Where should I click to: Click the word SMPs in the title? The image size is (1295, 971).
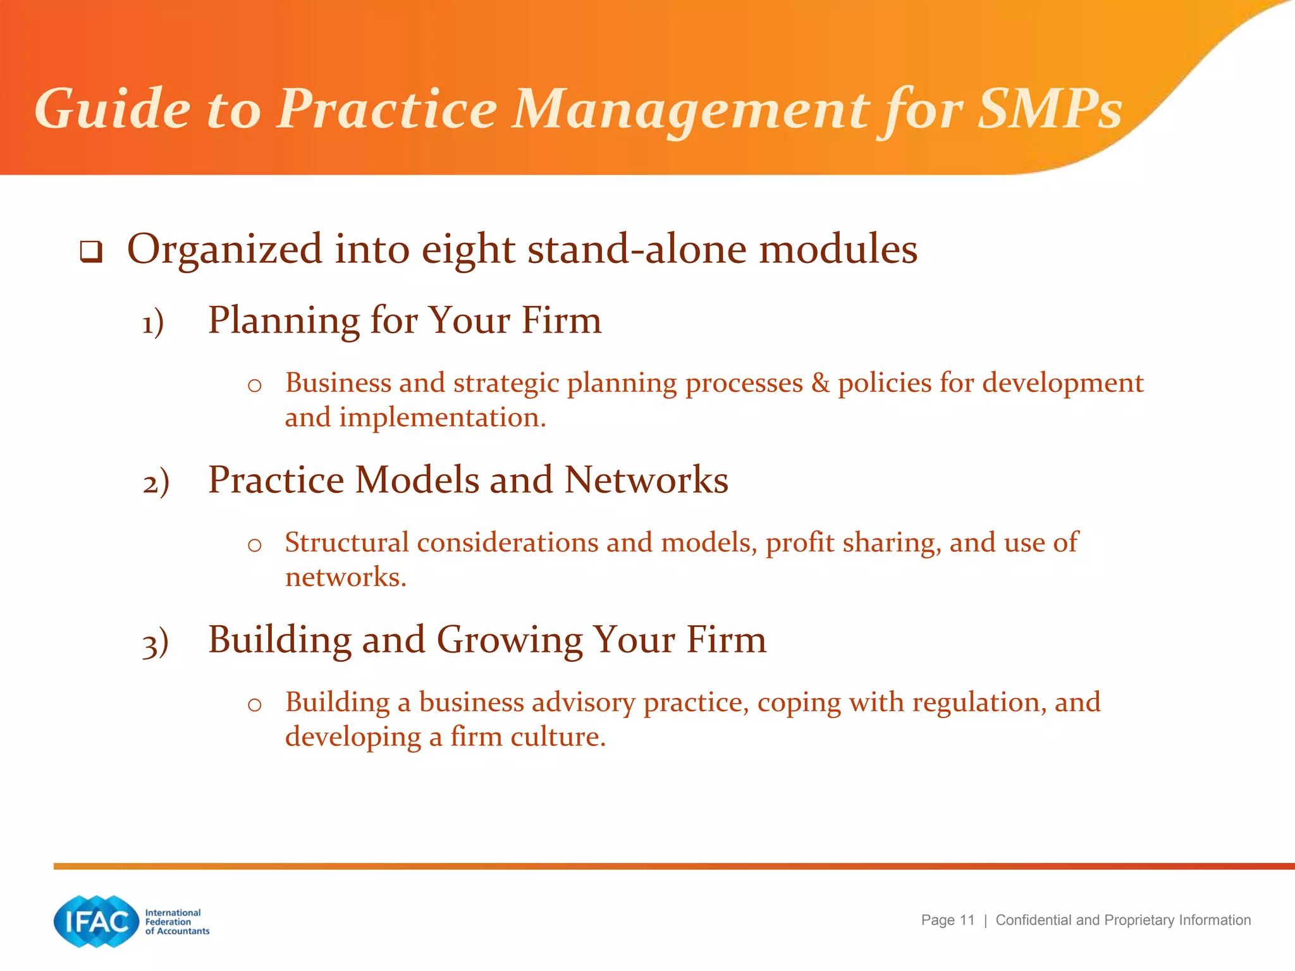coord(1050,109)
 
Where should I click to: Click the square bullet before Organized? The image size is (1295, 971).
coord(91,252)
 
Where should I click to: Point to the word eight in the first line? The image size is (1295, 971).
coord(468,250)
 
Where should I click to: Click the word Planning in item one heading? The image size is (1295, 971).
coord(283,321)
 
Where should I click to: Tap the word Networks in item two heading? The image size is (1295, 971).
coord(646,480)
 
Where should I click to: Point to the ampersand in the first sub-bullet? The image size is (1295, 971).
coord(820,383)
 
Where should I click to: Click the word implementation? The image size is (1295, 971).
coord(442,417)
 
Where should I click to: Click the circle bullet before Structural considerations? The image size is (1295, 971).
coord(255,545)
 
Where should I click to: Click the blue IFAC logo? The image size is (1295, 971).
coord(96,921)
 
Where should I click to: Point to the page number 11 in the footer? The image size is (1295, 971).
coord(967,920)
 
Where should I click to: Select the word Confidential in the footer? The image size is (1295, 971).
coord(1034,920)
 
